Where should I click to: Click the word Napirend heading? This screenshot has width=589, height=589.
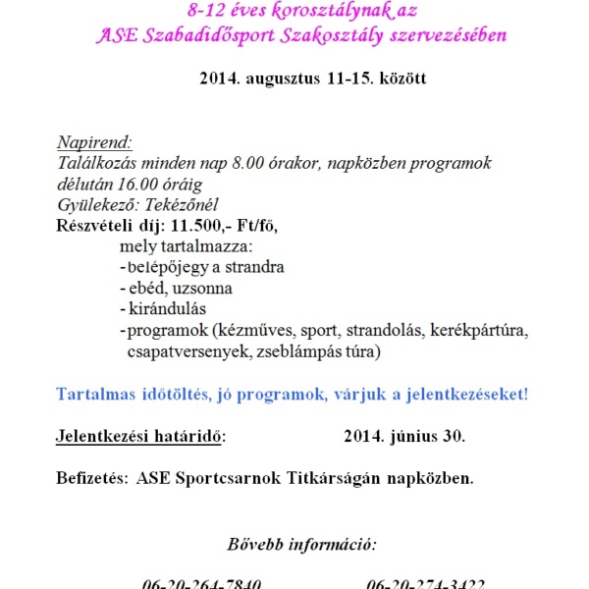pos(94,141)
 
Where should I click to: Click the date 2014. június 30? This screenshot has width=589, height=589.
pos(405,436)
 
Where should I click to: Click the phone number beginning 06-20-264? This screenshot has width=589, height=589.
pos(202,582)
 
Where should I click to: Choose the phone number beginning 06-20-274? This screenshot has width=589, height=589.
pos(425,582)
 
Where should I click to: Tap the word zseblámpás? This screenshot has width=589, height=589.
pos(295,350)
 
